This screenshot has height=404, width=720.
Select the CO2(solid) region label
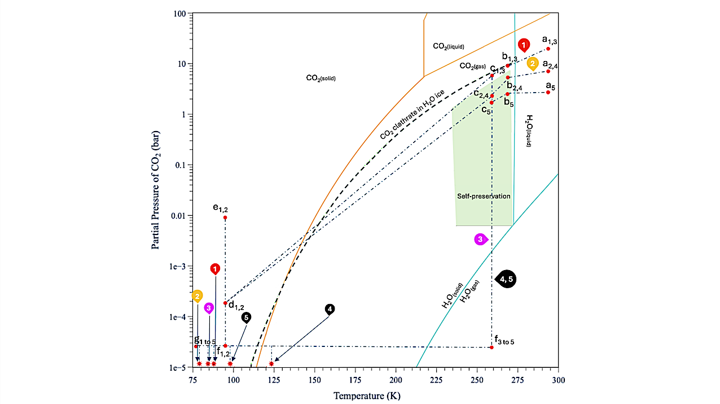click(321, 79)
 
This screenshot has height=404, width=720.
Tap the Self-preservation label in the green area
click(483, 196)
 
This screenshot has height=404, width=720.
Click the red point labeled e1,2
click(225, 218)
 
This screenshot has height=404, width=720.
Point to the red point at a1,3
click(548, 49)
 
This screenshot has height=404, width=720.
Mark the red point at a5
click(548, 92)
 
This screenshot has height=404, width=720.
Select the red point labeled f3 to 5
click(491, 347)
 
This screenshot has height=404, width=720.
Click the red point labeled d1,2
click(225, 303)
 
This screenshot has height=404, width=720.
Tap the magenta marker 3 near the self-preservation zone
click(480, 239)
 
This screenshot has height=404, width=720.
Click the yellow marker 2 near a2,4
click(533, 63)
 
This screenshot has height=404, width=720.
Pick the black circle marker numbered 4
click(330, 309)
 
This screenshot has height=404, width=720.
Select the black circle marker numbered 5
click(246, 318)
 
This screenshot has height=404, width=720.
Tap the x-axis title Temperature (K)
click(367, 396)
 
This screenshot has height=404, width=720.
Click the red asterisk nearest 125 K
click(271, 363)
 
